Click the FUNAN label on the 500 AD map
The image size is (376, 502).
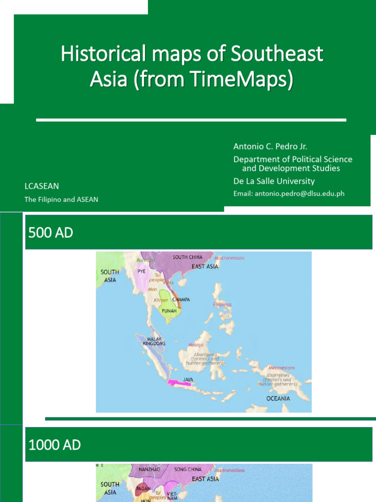(169, 311)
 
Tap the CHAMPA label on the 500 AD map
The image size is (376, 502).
(181, 300)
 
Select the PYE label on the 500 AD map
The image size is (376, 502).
(141, 271)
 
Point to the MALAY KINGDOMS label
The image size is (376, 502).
(154, 341)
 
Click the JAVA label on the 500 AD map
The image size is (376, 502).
(188, 379)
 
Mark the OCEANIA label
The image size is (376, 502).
(278, 399)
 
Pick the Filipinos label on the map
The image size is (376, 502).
(222, 304)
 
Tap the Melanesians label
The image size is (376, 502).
(282, 368)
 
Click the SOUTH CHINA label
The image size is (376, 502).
(188, 257)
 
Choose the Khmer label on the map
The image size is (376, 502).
(161, 300)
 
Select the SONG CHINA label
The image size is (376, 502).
(188, 469)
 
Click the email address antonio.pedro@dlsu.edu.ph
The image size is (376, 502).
(289, 194)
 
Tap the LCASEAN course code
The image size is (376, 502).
(42, 186)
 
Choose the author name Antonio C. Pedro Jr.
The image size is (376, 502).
(270, 147)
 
